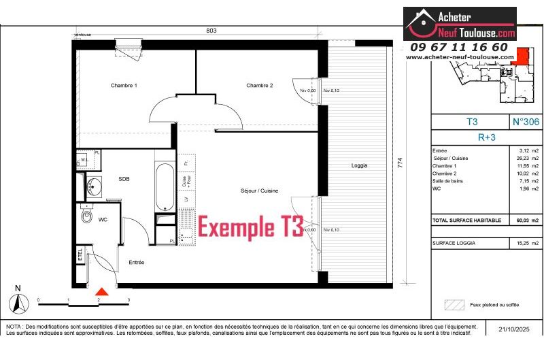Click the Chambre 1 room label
pyautogui.click(x=124, y=86)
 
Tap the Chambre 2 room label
pyautogui.click(x=259, y=86)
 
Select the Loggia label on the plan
pyautogui.click(x=359, y=165)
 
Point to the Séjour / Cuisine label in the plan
pyautogui.click(x=259, y=191)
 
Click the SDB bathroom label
pyautogui.click(x=124, y=179)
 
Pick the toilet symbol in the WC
pyautogui.click(x=86, y=216)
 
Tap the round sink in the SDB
pyautogui.click(x=93, y=184)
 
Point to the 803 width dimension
pyautogui.click(x=211, y=31)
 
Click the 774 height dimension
pyautogui.click(x=409, y=165)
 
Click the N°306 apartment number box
pyautogui.click(x=525, y=122)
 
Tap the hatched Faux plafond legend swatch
pyautogui.click(x=454, y=305)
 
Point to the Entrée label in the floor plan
pyautogui.click(x=137, y=262)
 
